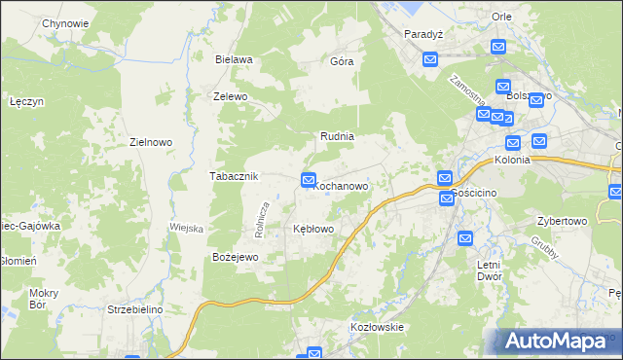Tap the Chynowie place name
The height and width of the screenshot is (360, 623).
tap(65, 23)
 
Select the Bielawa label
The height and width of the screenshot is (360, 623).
tap(234, 59)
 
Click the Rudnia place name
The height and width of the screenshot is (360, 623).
tap(337, 137)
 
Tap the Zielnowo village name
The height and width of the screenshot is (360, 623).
tap(151, 142)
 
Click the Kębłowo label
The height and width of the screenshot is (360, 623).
tap(313, 229)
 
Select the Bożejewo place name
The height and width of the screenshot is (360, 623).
tap(234, 257)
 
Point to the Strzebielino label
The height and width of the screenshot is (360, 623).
tap(135, 309)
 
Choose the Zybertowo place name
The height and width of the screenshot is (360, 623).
tap(561, 221)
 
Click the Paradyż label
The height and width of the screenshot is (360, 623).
tap(423, 33)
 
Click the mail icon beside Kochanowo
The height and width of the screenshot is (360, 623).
tap(309, 179)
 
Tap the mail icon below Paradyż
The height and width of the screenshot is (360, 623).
tap(431, 60)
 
